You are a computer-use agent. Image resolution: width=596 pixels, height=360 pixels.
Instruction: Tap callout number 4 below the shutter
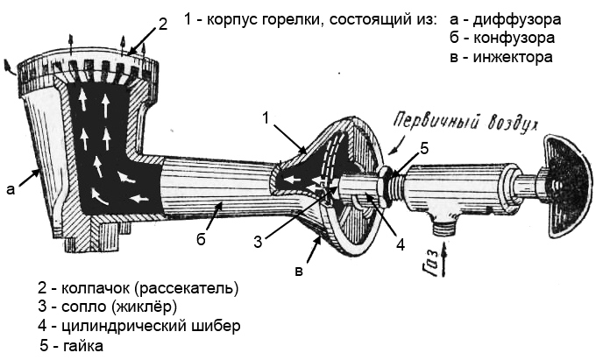coord(400,244)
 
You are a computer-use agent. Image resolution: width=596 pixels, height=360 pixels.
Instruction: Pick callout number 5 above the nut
coord(423,150)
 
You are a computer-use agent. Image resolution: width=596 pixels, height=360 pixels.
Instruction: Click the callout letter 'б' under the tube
coord(201,239)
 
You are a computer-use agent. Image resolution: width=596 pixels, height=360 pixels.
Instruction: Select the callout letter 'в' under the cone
coord(298,272)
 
